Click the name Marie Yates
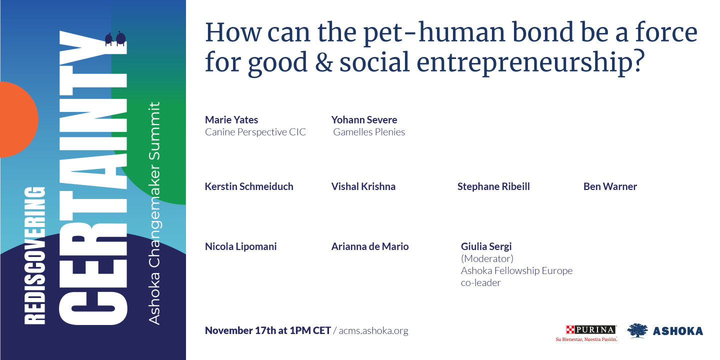[231, 120]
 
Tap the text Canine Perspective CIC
[255, 132]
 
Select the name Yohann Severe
[364, 120]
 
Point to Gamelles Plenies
[369, 132]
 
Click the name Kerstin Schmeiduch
[249, 186]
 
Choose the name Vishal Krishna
[363, 186]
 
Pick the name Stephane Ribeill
[493, 186]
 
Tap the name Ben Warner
[610, 186]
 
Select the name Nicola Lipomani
[240, 246]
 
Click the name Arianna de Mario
[369, 246]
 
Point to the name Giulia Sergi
[486, 246]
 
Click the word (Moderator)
[487, 258]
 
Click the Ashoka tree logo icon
[637, 330]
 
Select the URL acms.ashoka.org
[373, 331]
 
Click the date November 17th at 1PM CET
[267, 331]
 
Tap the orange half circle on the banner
[17, 120]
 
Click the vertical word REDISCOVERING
[34, 255]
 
